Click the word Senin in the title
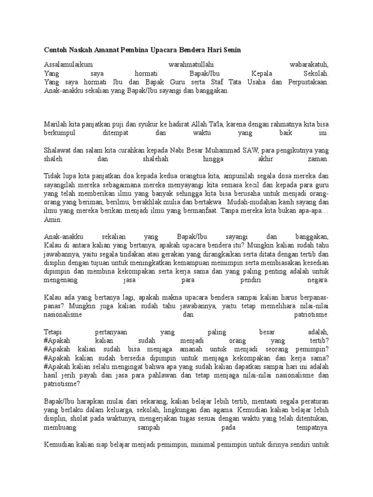(231, 50)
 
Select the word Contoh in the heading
(54, 50)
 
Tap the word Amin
(53, 220)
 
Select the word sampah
(149, 428)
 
